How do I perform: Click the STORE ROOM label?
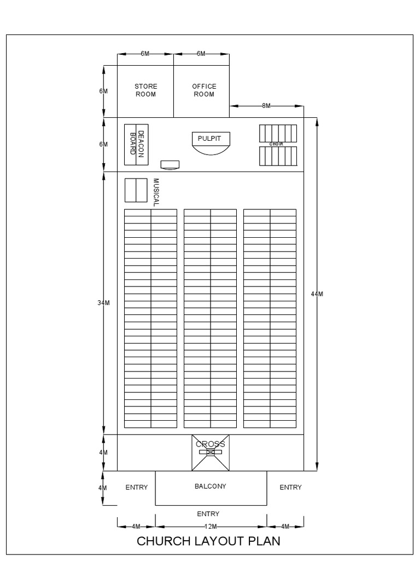tap(145, 90)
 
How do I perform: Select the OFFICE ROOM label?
tap(204, 90)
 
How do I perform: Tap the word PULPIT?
tap(209, 139)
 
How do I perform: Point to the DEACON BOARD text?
tap(137, 144)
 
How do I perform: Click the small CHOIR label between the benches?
tap(277, 144)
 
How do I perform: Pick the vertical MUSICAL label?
tap(156, 192)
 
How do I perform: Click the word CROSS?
tap(211, 444)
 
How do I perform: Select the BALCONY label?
tap(211, 486)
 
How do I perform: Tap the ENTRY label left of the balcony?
tap(137, 487)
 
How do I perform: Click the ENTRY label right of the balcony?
tap(290, 487)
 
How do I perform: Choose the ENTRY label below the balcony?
tap(208, 514)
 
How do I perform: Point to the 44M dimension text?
tap(317, 294)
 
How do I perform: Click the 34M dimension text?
tap(104, 303)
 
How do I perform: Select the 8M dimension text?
tap(266, 106)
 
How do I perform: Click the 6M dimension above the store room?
tap(145, 54)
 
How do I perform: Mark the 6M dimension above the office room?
tap(201, 54)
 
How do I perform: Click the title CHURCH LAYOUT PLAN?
tap(208, 541)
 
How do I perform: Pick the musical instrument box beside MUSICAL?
tap(136, 191)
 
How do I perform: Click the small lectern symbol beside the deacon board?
tap(170, 164)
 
